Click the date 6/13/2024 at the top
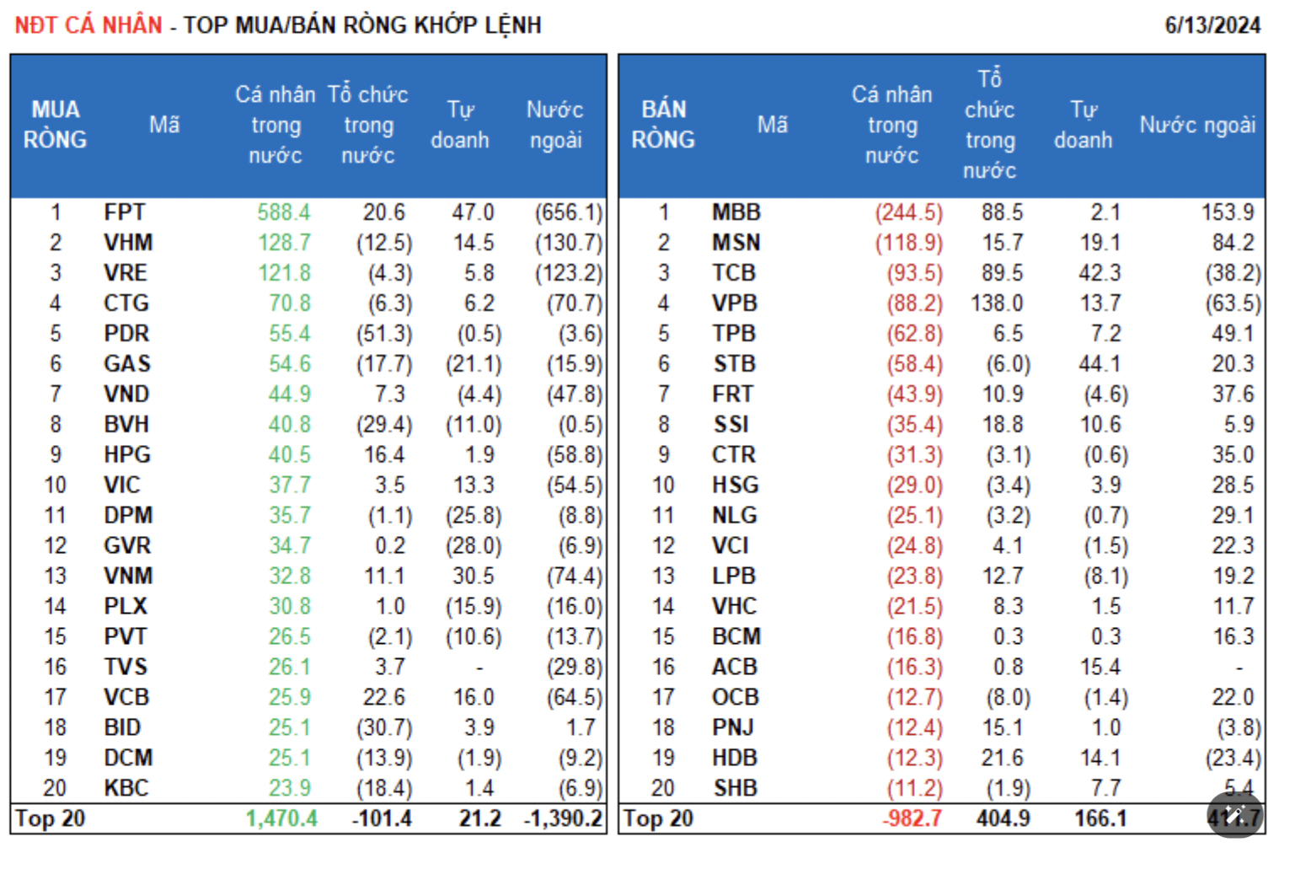[1212, 25]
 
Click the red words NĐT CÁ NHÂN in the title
[88, 25]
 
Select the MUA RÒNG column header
[55, 125]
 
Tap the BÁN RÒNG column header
[663, 125]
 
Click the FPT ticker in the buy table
[125, 212]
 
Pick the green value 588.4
[284, 212]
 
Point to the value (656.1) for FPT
[569, 212]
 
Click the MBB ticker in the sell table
[736, 212]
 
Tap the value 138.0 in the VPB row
[996, 303]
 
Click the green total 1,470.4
[281, 818]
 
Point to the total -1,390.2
[563, 818]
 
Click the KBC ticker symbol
[126, 788]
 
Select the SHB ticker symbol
[735, 788]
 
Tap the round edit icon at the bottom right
[1235, 814]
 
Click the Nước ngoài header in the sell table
[1197, 125]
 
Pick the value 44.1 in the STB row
[1100, 364]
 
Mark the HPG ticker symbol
[127, 455]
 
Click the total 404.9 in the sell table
[1003, 818]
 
